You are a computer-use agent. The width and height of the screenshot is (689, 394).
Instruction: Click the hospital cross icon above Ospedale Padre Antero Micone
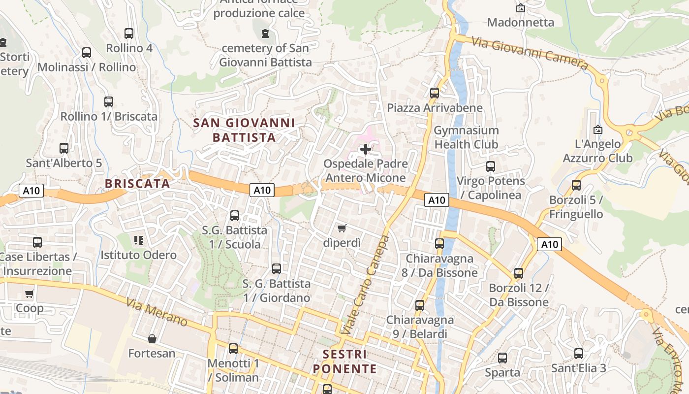coord(366,149)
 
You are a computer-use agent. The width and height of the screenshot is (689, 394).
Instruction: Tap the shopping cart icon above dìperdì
coord(342,228)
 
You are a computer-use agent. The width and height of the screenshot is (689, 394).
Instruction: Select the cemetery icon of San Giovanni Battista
coord(265,33)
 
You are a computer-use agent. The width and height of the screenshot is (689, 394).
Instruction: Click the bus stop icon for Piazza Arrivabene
coord(434,93)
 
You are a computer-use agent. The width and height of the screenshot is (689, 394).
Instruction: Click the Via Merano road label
coord(157,312)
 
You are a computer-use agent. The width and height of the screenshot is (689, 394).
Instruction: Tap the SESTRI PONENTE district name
coord(345,361)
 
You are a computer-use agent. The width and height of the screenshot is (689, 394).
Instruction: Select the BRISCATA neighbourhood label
coord(137,184)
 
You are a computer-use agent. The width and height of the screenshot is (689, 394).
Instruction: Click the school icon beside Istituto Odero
coord(139,240)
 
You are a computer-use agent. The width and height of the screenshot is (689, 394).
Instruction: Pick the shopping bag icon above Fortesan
coord(152,339)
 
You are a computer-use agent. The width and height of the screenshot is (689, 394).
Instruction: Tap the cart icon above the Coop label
coord(29,294)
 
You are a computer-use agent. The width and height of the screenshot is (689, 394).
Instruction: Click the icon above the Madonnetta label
coord(520,8)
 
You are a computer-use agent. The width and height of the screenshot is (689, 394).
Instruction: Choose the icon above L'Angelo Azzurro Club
coord(598,130)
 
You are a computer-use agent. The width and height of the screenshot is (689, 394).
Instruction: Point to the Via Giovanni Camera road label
coord(530,53)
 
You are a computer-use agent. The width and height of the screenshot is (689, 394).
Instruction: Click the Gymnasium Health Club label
coord(466,137)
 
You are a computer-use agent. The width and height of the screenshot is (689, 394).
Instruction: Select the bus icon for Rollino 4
coord(129,33)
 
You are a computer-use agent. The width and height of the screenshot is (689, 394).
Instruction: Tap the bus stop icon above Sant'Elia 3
coord(579,353)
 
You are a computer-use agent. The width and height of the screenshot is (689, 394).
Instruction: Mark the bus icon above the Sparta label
coord(502,358)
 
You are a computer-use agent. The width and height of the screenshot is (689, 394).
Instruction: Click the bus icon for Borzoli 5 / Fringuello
coord(576,185)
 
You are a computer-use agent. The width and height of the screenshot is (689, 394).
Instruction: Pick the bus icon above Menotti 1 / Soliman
coord(233,349)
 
